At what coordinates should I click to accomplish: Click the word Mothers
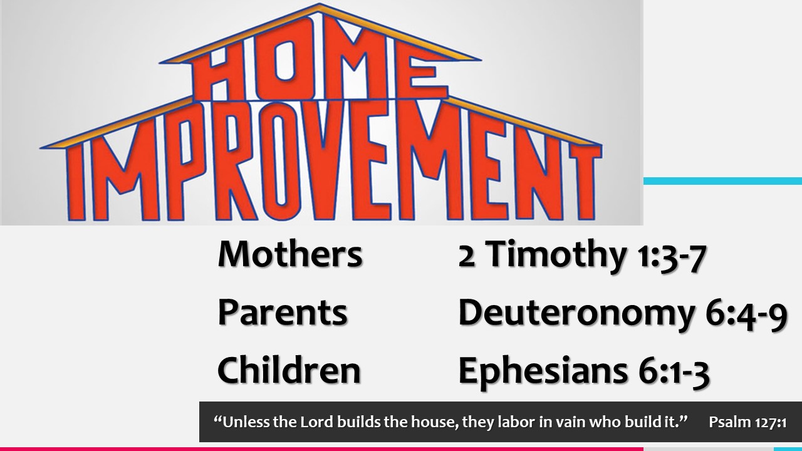(290, 254)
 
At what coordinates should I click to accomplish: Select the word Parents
(283, 313)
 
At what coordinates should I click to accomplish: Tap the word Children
(289, 370)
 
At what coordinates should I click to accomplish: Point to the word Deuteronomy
(576, 314)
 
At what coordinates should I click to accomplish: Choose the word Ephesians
(543, 371)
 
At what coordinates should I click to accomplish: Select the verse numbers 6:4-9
(746, 316)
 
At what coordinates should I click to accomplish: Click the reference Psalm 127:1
(747, 422)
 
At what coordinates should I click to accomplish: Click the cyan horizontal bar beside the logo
(722, 181)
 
